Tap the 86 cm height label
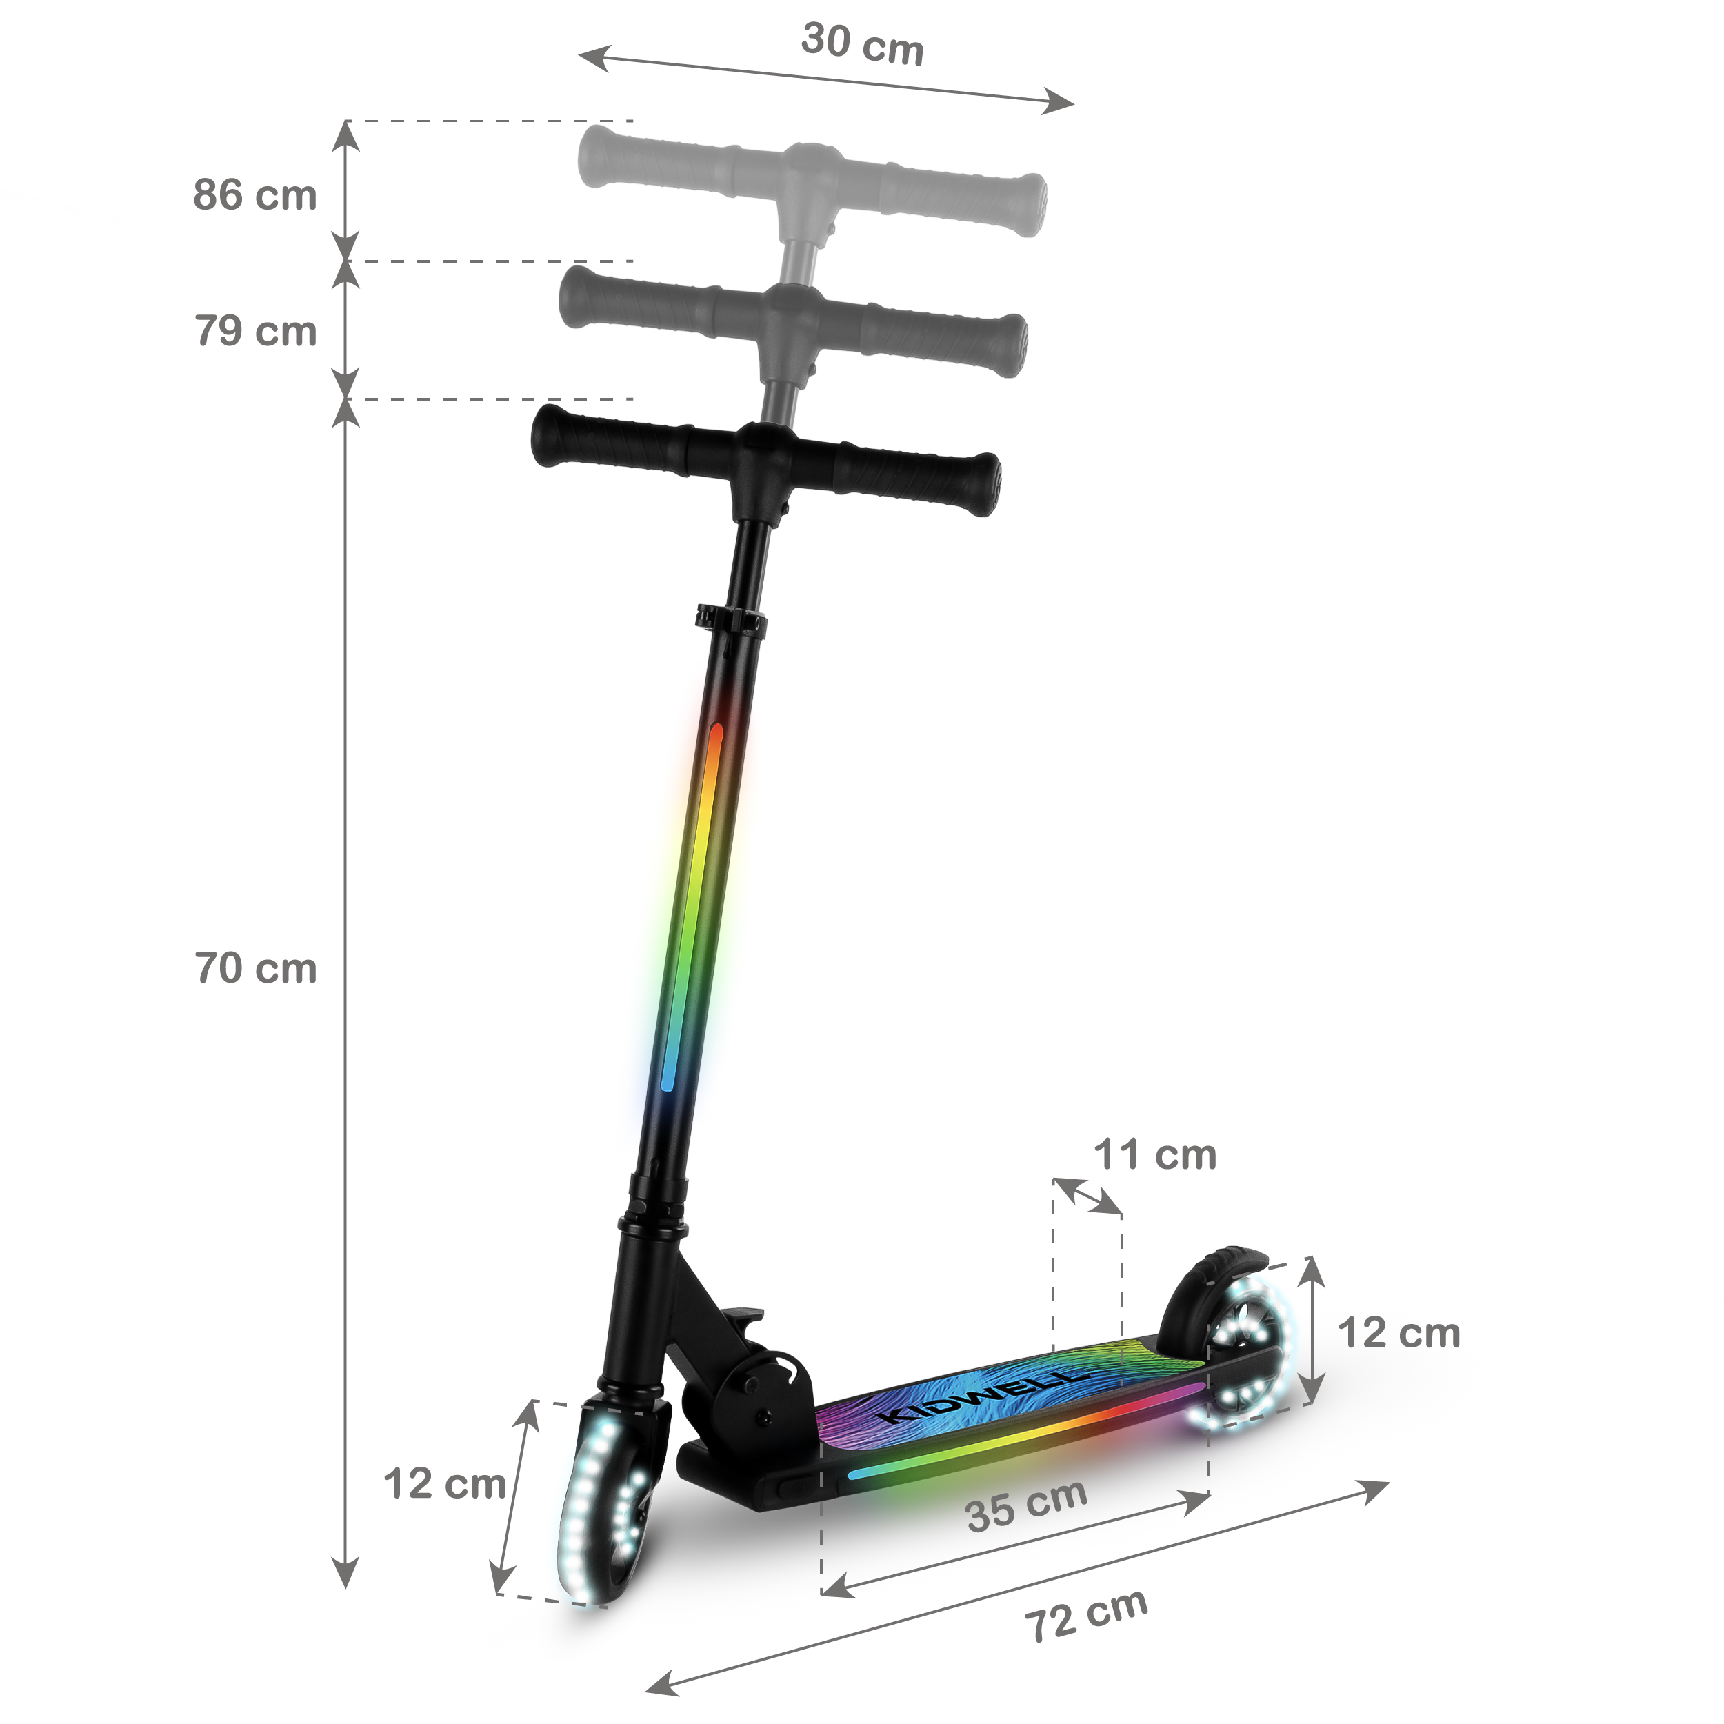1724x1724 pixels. [x=255, y=194]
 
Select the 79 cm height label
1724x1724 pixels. [x=255, y=331]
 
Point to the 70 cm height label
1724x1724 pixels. [x=255, y=968]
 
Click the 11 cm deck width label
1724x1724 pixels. [x=1154, y=1154]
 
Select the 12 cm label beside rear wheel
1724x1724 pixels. [x=1399, y=1333]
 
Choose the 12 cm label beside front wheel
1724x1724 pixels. [x=444, y=1484]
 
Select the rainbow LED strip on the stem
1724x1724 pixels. [x=692, y=905]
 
